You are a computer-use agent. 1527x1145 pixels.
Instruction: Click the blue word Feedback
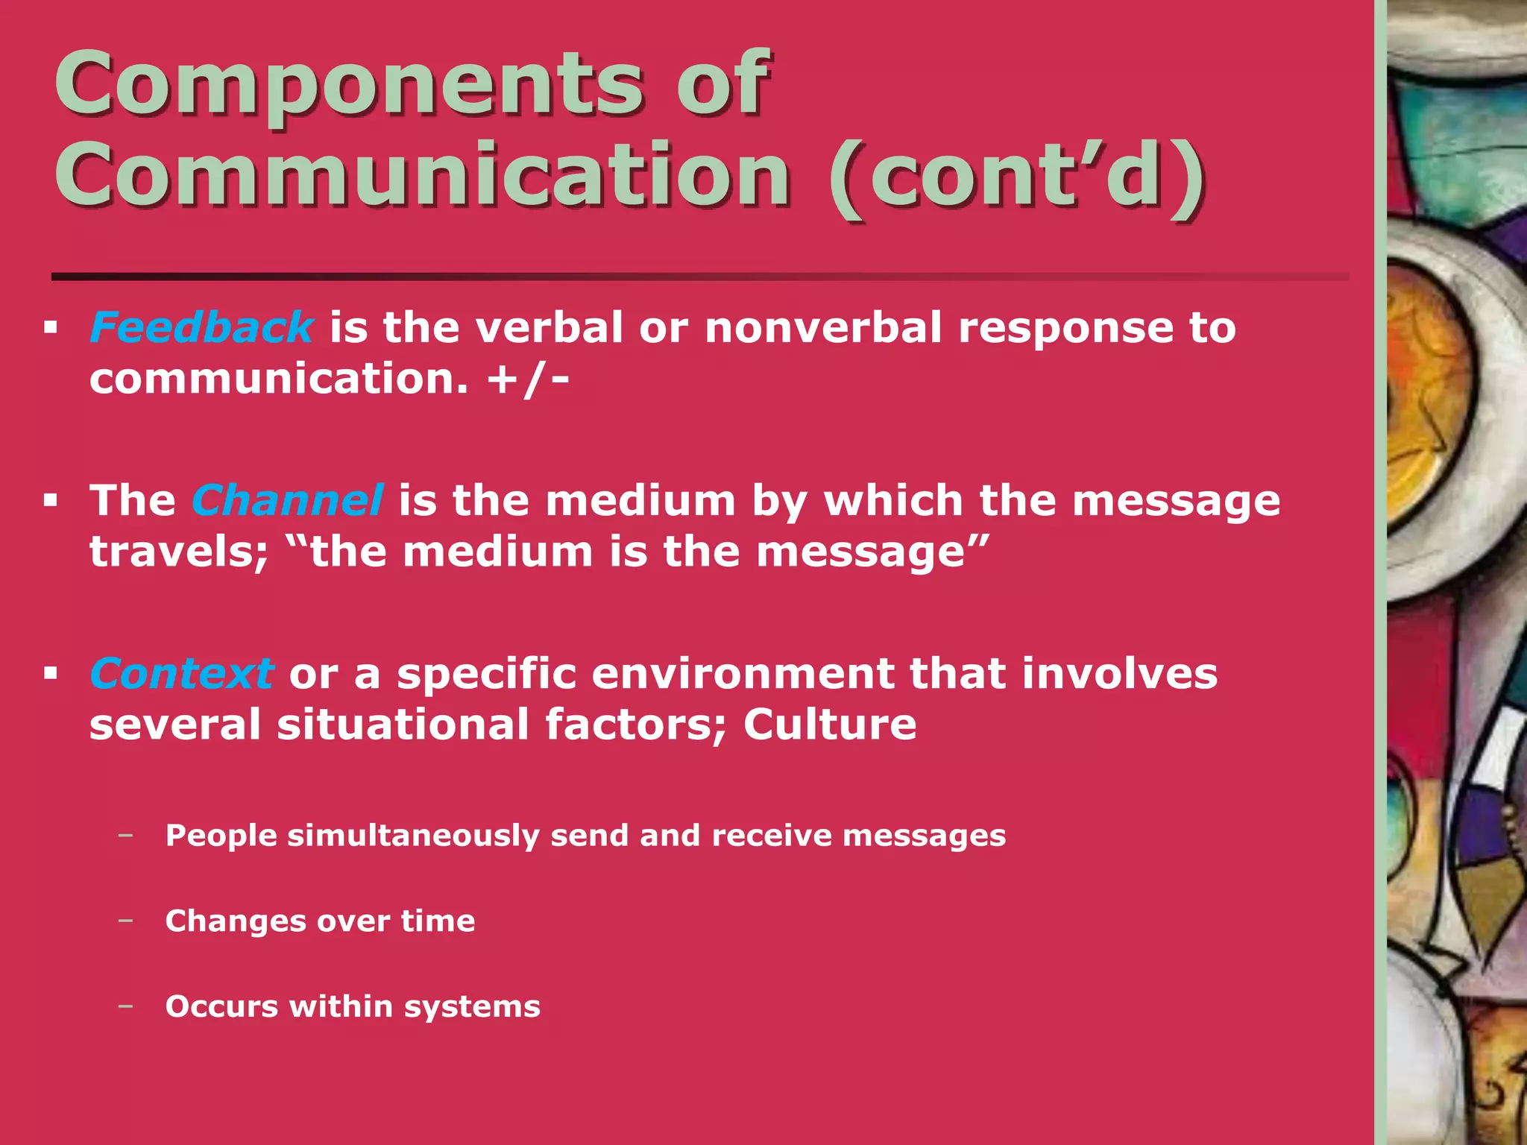tap(201, 328)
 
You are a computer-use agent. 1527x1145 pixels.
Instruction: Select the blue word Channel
tap(287, 500)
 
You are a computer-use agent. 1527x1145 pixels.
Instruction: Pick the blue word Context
tap(181, 674)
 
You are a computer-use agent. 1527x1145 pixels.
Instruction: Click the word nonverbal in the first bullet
tap(823, 328)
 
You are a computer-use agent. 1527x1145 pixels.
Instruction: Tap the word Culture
tap(829, 725)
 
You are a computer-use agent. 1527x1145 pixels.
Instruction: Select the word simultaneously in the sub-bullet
tap(413, 836)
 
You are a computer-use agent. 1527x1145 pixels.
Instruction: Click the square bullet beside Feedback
tap(51, 328)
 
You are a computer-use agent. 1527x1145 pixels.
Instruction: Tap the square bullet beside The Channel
tap(51, 500)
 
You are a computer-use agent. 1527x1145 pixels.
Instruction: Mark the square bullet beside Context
tap(51, 674)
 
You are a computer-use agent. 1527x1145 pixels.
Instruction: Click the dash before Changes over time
tap(125, 921)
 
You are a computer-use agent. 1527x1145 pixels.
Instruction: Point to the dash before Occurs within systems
tap(125, 1006)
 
